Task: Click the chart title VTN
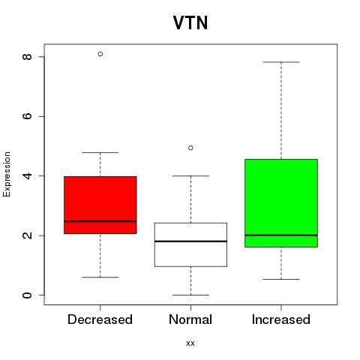190,22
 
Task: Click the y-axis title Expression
7,174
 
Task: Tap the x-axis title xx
190,343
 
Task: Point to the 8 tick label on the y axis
27,57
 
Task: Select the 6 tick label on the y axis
27,116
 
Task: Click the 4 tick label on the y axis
27,175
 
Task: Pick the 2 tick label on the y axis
27,235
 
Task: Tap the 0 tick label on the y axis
27,295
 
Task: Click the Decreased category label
100,319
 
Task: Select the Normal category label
190,319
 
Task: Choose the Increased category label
281,319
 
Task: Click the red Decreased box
100,205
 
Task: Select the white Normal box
190,244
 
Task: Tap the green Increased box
281,203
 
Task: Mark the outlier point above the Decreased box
100,54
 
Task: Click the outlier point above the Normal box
190,148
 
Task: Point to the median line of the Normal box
190,241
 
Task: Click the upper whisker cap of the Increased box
281,62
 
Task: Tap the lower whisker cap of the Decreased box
100,277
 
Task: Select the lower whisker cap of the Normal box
190,295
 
